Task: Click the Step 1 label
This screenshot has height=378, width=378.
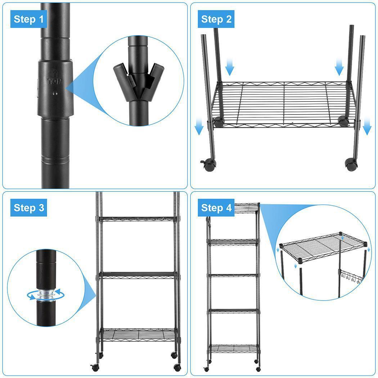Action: [x=28, y=19]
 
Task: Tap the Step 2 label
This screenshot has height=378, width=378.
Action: [x=216, y=19]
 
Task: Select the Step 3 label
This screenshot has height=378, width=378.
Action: [x=29, y=208]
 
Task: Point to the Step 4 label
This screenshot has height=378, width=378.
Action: [x=216, y=208]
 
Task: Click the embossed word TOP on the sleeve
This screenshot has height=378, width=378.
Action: [x=55, y=81]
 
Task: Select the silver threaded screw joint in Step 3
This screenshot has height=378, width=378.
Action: [x=47, y=294]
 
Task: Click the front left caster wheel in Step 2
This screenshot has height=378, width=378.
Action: [x=208, y=165]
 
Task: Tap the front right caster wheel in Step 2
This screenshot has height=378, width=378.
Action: [x=351, y=165]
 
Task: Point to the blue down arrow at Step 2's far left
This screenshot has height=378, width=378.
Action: [x=199, y=127]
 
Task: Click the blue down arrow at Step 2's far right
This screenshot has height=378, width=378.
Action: [x=367, y=127]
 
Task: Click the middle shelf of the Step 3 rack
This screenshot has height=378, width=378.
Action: [x=138, y=275]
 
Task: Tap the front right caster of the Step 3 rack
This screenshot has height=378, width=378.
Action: [x=178, y=368]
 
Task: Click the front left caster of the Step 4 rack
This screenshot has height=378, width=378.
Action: [x=206, y=369]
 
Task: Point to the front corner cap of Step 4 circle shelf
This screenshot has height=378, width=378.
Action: [x=300, y=261]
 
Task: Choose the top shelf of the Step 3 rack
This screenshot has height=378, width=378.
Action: [x=138, y=219]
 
